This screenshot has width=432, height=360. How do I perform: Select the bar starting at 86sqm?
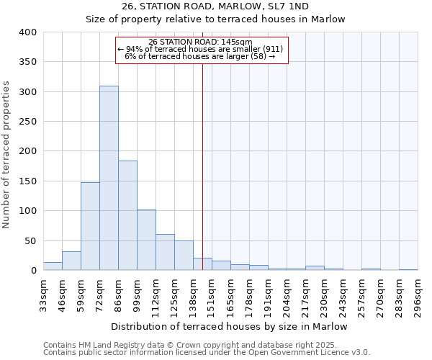pos(127,215)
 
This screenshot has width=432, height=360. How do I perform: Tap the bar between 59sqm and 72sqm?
pos(90,226)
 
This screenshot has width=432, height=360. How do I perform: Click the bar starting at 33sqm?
pos(53,266)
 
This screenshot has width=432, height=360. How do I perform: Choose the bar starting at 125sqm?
pos(184,256)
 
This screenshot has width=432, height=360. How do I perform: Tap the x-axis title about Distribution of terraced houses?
pos(230,327)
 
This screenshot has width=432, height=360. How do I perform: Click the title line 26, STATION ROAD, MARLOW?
pos(216,6)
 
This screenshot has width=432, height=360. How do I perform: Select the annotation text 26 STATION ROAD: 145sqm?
pos(201,42)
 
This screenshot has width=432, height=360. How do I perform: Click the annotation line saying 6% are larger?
pos(201,56)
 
